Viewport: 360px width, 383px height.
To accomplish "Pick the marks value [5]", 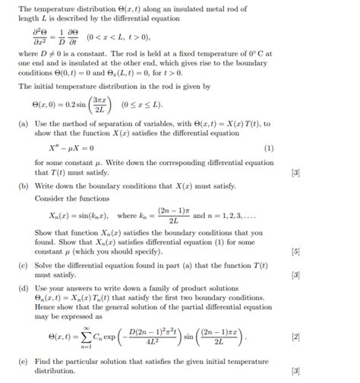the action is point(295,251).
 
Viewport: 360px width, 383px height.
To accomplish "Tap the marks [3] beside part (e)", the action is point(295,371).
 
